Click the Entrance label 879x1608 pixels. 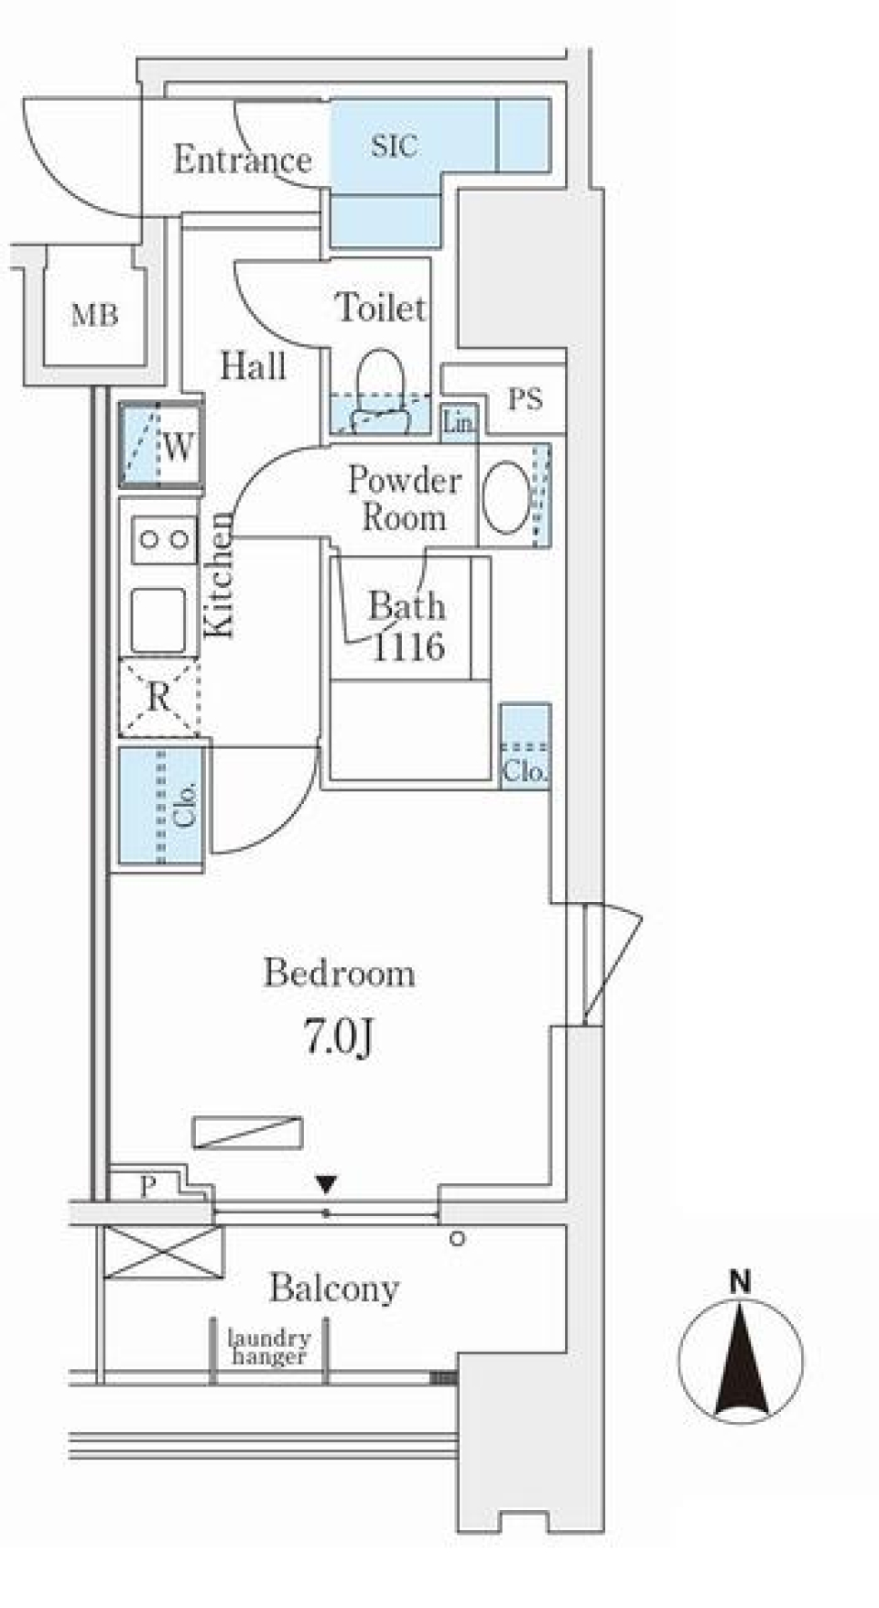coord(243,160)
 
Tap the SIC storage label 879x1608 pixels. coord(395,146)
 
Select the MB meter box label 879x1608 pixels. coord(95,316)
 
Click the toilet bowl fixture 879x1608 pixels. coord(379,390)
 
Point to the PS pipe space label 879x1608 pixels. coord(526,399)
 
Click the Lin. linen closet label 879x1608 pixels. coord(459,422)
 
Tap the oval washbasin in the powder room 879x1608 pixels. coord(505,496)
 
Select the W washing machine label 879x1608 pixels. coord(179,448)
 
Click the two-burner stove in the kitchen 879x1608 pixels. coord(165,539)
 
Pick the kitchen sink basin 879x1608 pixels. coord(159,620)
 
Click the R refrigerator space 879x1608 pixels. coord(159,698)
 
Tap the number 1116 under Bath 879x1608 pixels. coord(408,647)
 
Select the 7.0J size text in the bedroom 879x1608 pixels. coord(339,1038)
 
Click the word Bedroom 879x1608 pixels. coord(340,972)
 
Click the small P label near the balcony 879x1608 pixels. coord(148,1187)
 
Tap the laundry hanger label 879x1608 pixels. coord(269,1347)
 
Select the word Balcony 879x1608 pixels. coord(334,1290)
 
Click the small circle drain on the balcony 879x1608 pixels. coord(457,1239)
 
